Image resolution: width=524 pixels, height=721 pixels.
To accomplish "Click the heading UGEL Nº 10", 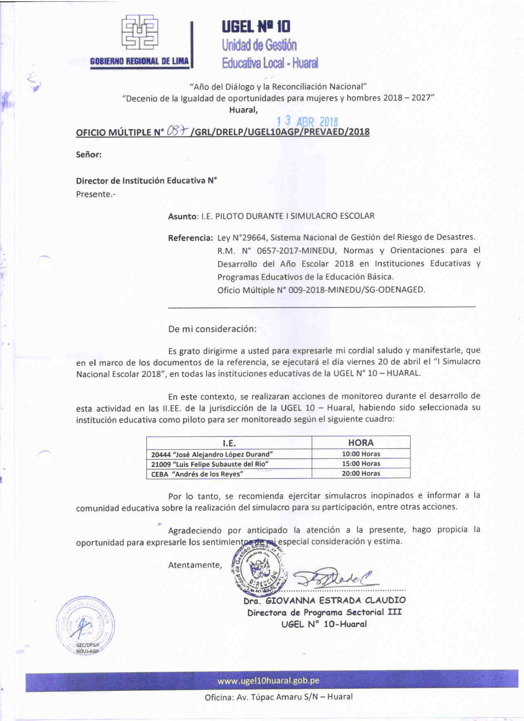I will tap(256, 27).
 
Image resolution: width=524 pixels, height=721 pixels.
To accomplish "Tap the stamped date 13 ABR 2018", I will tap(307, 121).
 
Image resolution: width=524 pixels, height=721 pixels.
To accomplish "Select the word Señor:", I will tap(89, 155).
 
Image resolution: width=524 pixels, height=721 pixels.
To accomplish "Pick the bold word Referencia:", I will tap(190, 238).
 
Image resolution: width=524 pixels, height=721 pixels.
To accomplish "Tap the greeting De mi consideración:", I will tap(212, 329).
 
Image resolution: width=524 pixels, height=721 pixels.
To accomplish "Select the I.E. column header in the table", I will tap(229, 443).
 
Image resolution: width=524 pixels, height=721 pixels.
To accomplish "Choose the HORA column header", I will tap(361, 443).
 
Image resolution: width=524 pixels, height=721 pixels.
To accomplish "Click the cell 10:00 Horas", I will tap(361, 454).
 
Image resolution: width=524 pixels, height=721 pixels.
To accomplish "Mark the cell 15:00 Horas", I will tap(361, 464).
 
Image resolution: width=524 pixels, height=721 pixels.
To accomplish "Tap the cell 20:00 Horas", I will tap(361, 474).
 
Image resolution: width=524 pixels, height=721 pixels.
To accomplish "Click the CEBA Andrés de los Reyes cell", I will tap(197, 474).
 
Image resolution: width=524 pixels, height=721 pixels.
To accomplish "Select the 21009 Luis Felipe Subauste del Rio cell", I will tap(210, 464).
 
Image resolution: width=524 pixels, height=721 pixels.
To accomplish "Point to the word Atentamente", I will tap(195, 565).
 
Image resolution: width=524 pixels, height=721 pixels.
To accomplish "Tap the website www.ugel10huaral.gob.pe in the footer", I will tap(268, 681).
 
